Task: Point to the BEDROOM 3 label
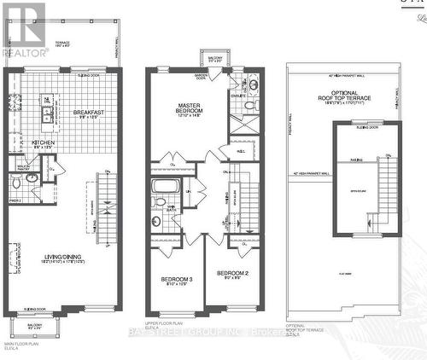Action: pos(177,282)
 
